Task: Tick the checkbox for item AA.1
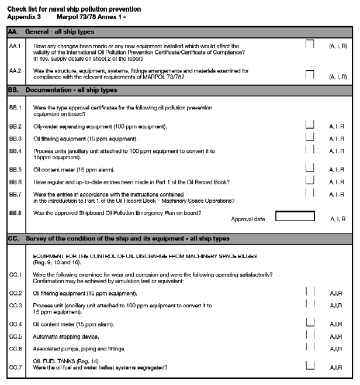click(x=310, y=44)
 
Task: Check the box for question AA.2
click(x=310, y=74)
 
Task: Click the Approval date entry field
click(x=299, y=216)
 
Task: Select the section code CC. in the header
click(x=13, y=239)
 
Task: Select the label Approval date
click(x=248, y=219)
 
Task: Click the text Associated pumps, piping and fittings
click(x=79, y=349)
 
